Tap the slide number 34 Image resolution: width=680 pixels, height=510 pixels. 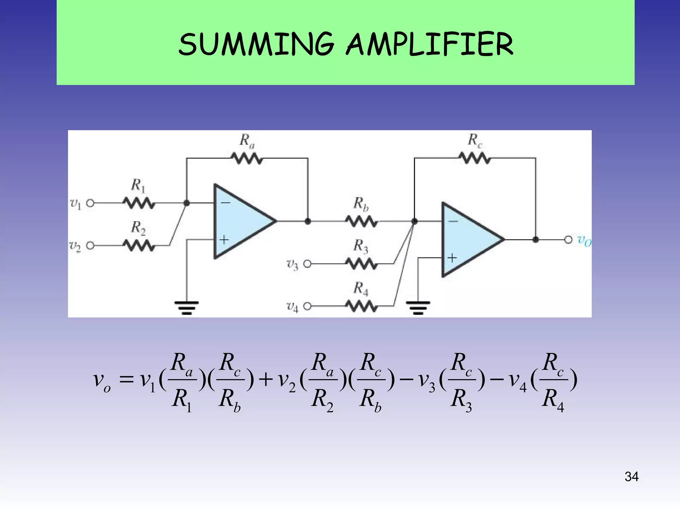[631, 476]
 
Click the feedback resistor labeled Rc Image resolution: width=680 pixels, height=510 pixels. [475, 158]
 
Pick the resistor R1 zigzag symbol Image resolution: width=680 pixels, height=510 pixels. [139, 203]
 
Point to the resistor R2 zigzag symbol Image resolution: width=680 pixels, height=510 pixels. [139, 246]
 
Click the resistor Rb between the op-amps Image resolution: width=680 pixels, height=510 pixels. [361, 221]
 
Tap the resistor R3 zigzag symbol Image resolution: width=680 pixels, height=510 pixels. [361, 264]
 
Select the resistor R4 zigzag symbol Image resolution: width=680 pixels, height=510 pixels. [361, 306]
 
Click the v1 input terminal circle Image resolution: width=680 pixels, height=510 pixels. [90, 203]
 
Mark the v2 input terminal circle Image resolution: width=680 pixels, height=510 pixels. [90, 246]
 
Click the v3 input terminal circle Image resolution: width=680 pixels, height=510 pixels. [307, 264]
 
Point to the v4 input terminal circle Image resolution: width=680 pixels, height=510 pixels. [307, 306]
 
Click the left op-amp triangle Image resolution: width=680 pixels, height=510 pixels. [239, 221]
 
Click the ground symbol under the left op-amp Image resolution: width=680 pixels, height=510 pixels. [187, 307]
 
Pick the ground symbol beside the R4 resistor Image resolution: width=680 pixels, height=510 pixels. [418, 307]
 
